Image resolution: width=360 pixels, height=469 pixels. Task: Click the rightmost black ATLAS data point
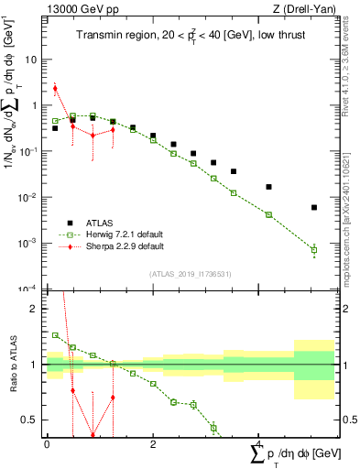point(314,208)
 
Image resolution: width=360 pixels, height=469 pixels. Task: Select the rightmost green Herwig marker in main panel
point(314,249)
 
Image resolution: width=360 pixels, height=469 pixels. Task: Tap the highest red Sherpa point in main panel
point(55,89)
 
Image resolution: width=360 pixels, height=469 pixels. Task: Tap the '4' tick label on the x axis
point(260,444)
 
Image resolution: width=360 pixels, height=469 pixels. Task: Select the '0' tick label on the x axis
point(47,444)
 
